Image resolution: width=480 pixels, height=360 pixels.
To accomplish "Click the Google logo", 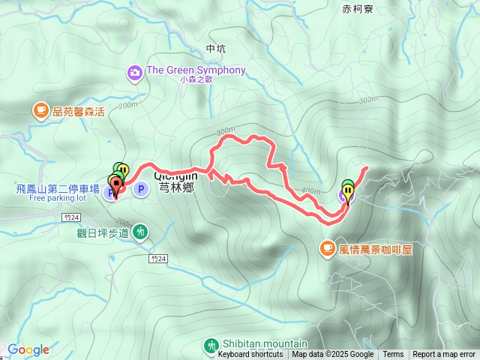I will tap(28, 349).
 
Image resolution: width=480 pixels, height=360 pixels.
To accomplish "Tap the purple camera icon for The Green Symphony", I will tap(134, 72).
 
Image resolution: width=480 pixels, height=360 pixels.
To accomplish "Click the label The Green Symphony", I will tap(196, 70).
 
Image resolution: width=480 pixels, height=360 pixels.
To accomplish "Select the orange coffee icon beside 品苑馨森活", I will tap(40, 111).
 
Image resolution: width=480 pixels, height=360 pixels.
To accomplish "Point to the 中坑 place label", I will tap(215, 49).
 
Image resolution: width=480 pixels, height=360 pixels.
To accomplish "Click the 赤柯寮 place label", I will tap(357, 10).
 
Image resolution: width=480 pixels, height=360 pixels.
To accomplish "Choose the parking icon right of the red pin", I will tap(139, 190).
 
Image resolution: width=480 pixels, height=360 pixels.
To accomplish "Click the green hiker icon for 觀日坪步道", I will tap(140, 234).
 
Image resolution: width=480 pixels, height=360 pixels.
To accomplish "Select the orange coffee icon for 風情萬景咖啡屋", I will tap(328, 247).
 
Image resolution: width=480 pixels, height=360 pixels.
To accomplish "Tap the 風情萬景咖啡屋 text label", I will tap(376, 248).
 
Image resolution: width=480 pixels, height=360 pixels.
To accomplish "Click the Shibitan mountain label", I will tap(255, 343).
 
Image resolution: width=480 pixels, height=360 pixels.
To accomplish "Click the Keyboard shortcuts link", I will tap(250, 355).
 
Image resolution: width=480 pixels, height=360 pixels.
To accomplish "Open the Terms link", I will tap(393, 355).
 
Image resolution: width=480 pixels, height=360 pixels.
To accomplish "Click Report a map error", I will tap(445, 355).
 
